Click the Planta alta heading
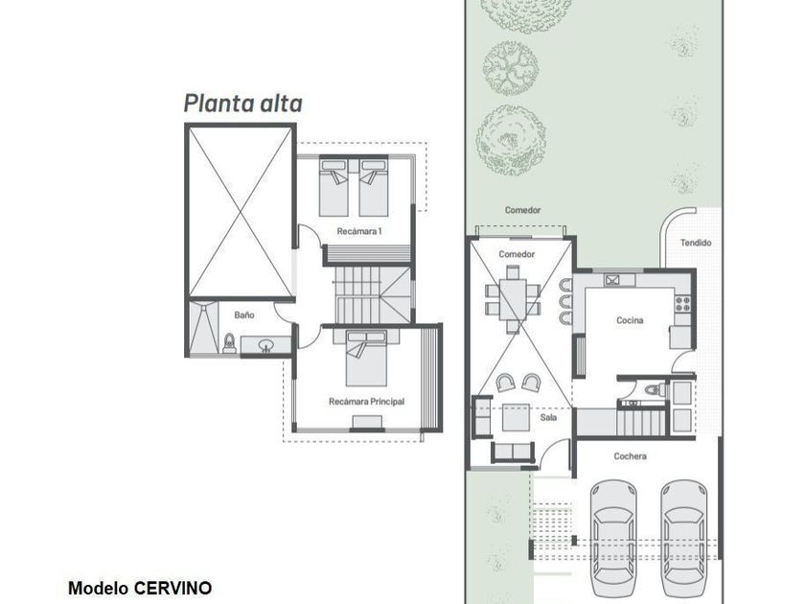tap(242, 104)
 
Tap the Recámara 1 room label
tap(359, 231)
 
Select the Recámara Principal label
tap(366, 402)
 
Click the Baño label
tap(244, 314)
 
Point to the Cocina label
tap(630, 320)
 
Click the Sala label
tap(548, 418)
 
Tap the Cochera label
tap(630, 456)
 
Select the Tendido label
tap(696, 243)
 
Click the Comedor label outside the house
tap(522, 210)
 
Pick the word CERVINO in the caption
tap(173, 588)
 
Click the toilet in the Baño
tap(229, 343)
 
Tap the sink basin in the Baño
tap(266, 345)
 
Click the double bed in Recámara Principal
tap(366, 358)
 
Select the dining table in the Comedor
tap(513, 299)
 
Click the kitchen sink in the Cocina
tap(612, 280)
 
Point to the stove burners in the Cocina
tap(682, 304)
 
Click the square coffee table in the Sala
tap(516, 418)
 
